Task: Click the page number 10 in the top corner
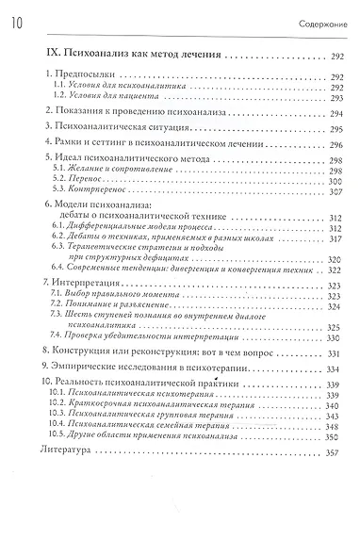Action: coord(18,10)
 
